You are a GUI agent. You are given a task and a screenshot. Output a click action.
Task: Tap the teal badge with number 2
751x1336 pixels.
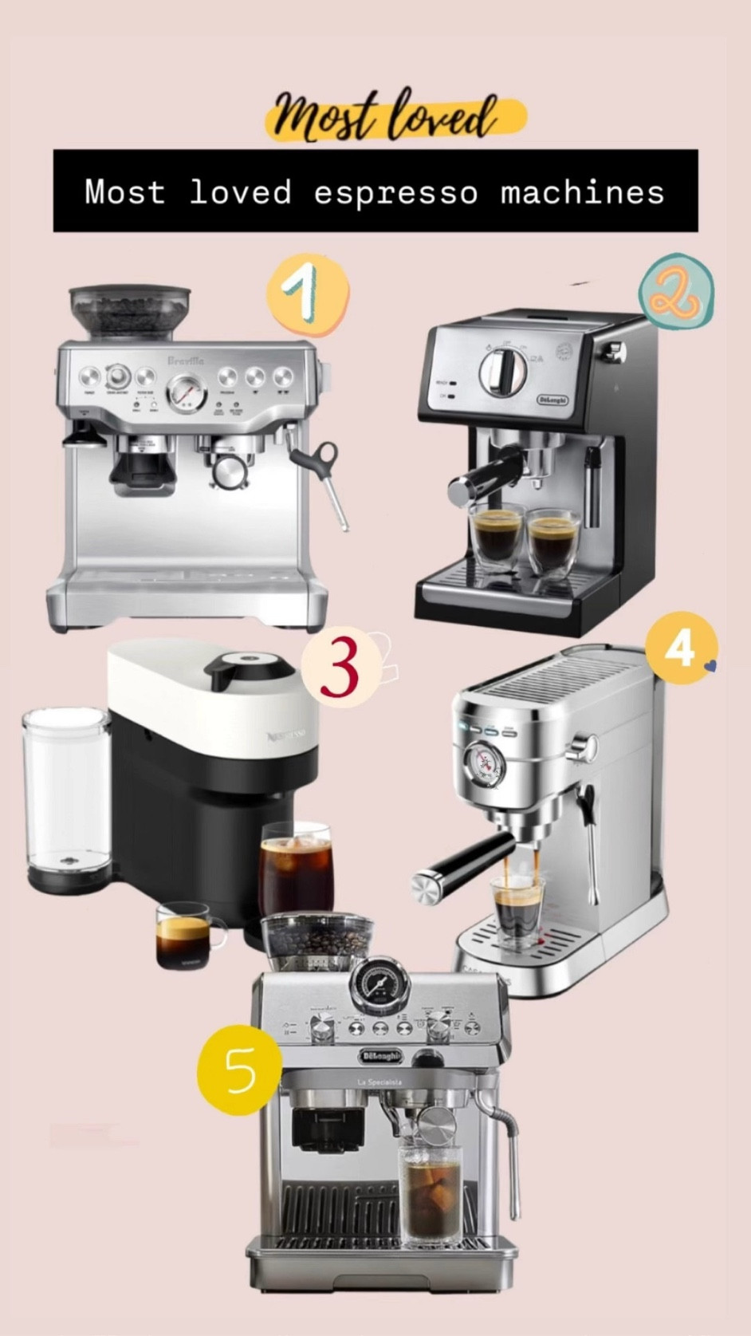(x=676, y=292)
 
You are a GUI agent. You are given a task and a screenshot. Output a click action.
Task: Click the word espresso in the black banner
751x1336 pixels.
(x=395, y=192)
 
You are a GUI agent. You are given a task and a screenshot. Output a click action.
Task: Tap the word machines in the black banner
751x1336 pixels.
(x=582, y=192)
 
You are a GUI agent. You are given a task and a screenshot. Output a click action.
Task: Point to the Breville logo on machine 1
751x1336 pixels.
(x=185, y=361)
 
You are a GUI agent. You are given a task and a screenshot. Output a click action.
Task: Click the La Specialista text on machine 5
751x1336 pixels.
(x=379, y=1082)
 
